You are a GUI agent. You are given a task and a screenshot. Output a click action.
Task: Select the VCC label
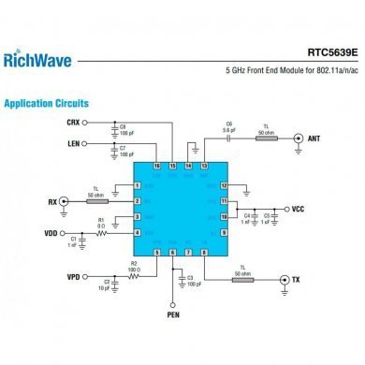(x=299, y=209)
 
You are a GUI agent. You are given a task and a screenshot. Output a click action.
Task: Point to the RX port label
(x=51, y=201)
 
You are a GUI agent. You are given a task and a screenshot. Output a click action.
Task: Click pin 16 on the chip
(x=156, y=165)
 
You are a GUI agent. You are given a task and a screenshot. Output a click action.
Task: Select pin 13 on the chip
(x=204, y=165)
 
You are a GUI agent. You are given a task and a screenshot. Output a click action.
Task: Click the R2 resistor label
(x=133, y=265)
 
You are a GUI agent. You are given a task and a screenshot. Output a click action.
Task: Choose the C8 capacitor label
(x=123, y=124)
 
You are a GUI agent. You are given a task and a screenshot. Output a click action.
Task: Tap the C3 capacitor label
(x=190, y=278)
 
